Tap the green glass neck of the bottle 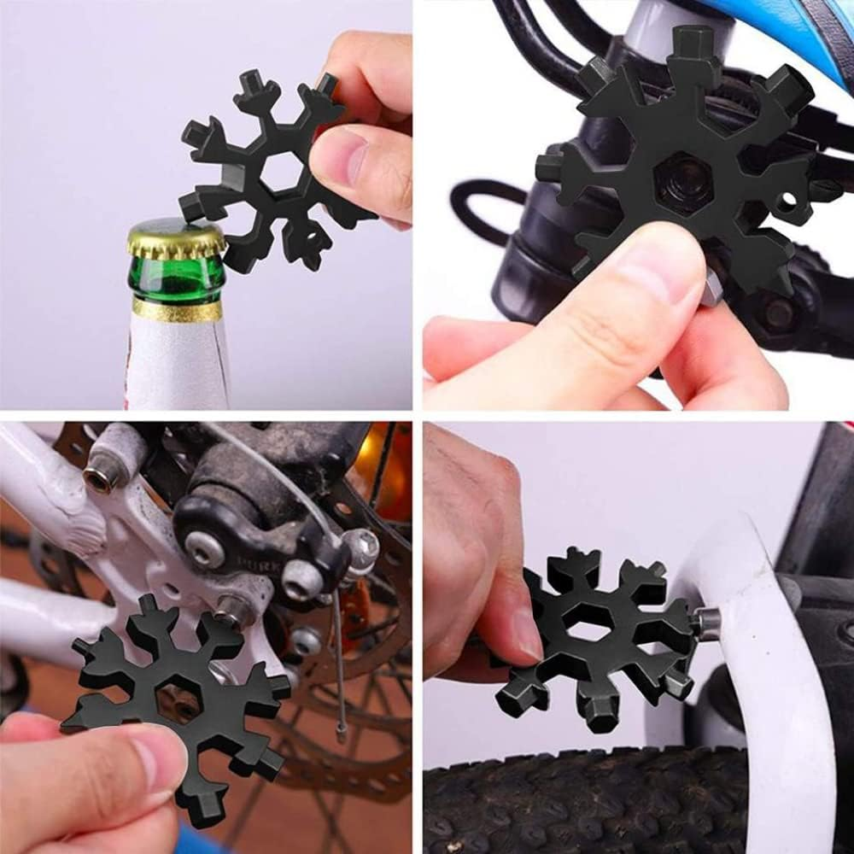(x=176, y=282)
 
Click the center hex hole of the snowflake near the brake (x=178, y=697)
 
